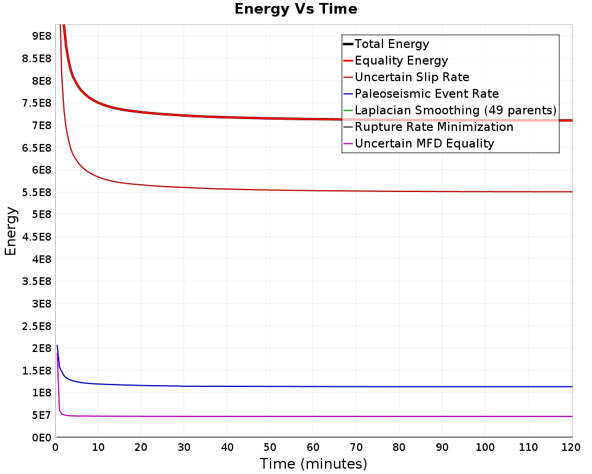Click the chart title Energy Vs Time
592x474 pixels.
[295, 9]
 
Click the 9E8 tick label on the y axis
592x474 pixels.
[41, 36]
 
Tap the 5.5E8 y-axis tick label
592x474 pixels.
[37, 193]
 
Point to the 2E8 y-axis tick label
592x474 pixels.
[41, 348]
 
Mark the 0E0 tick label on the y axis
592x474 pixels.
[41, 438]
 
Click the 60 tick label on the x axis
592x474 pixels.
[313, 447]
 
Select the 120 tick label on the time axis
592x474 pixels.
[571, 447]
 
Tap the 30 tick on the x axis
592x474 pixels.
[184, 447]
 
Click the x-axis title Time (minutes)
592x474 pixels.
[313, 464]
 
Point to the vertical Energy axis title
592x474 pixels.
[11, 231]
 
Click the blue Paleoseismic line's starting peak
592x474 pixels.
[57, 345]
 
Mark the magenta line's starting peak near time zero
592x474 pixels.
[57, 353]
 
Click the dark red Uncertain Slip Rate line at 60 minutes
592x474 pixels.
[313, 191]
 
